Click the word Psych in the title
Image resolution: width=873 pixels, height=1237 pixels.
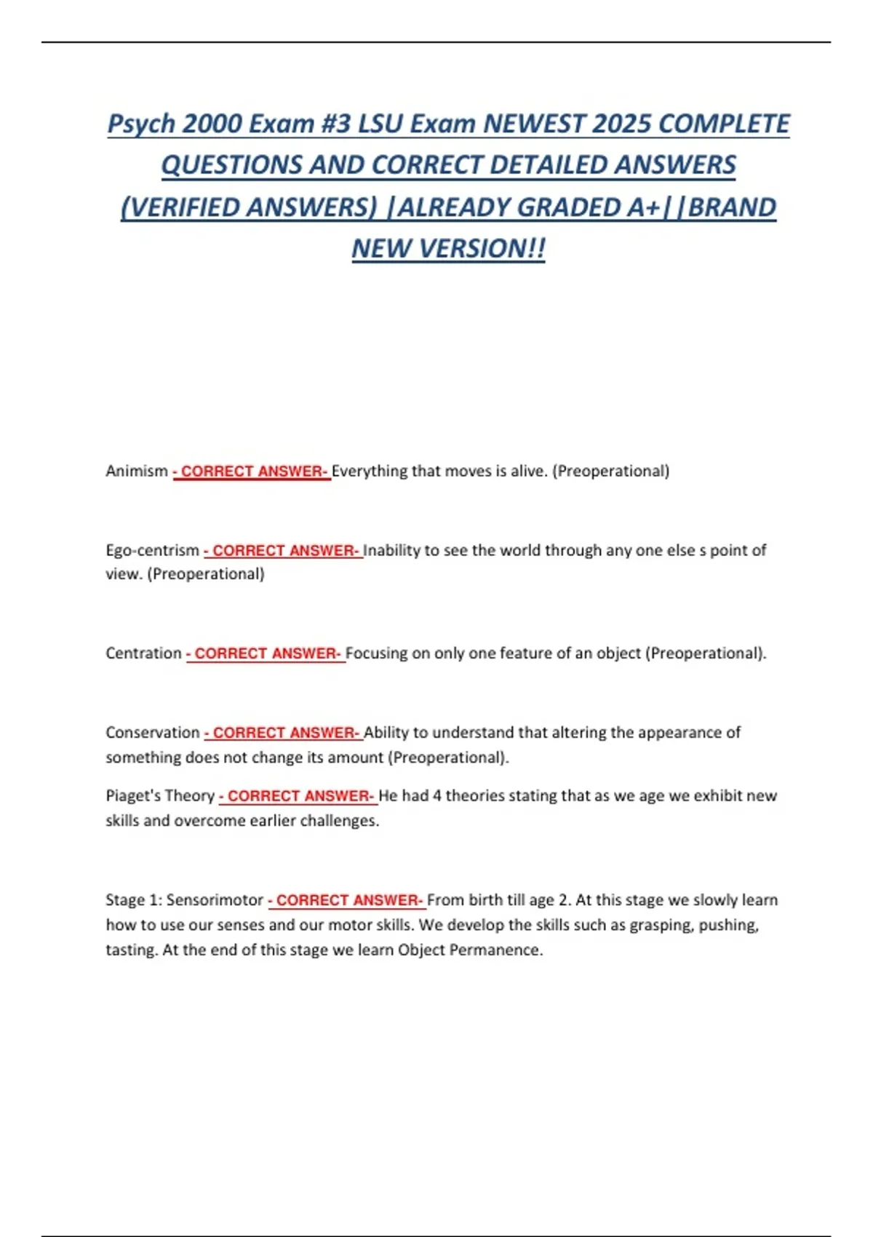coord(141,124)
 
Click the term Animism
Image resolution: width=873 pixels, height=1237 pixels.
coord(137,471)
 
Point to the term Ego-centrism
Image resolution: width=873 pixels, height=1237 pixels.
coord(152,550)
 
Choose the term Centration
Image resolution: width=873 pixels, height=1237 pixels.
coord(143,653)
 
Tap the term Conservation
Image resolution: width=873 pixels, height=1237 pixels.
coord(152,732)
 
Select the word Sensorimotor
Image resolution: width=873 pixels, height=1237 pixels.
coord(215,899)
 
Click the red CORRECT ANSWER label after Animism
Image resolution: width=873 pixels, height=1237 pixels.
coord(252,472)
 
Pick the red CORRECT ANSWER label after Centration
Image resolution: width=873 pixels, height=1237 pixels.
coord(266,653)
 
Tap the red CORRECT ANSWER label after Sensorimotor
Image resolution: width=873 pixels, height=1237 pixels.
coord(347,900)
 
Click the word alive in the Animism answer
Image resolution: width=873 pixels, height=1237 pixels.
coord(528,471)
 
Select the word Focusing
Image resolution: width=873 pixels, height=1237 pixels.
coord(376,653)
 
